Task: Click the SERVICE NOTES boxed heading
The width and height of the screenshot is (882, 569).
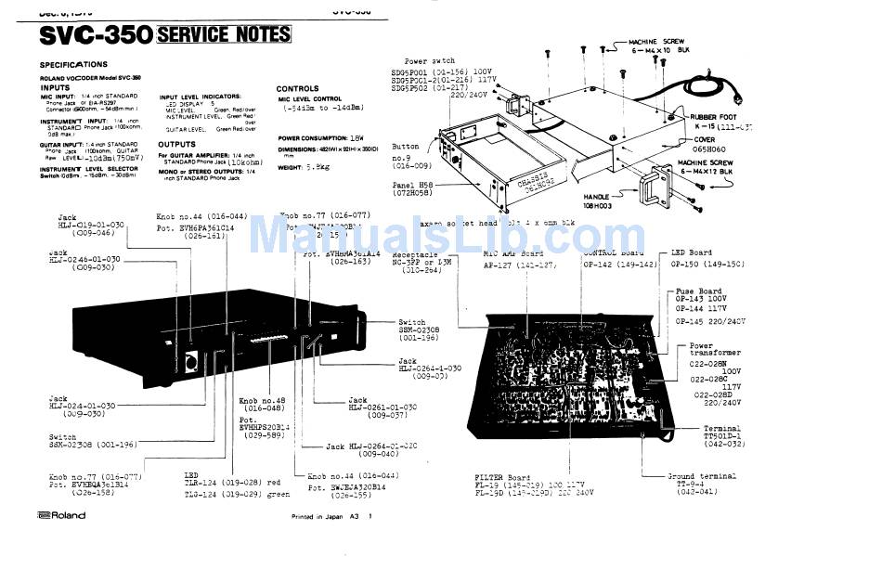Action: pos(224,35)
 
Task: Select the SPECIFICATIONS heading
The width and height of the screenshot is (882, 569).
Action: pos(74,65)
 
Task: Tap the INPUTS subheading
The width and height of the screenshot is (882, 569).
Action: pos(57,87)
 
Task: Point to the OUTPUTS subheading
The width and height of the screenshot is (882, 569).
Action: pos(176,145)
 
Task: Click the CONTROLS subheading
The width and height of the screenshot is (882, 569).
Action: pos(298,89)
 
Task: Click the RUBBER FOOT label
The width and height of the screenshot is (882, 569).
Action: pos(720,116)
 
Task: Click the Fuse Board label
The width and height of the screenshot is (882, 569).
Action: pos(698,291)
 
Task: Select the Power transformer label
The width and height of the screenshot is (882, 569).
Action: pos(715,351)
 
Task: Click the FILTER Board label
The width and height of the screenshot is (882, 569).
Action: pos(501,478)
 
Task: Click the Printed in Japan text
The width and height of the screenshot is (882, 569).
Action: pos(322,517)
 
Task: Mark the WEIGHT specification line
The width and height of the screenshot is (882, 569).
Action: pos(303,167)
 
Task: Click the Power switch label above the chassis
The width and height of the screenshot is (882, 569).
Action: pos(430,61)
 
